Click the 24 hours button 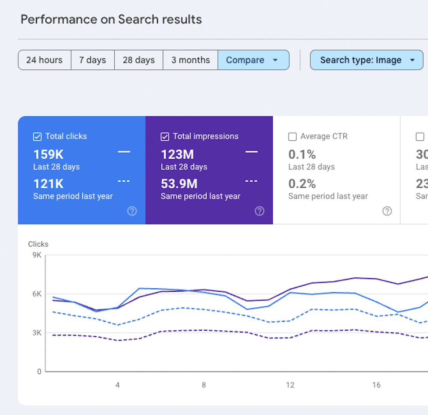[45, 60]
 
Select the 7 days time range [92, 60]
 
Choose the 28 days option [139, 60]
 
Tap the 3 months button [190, 60]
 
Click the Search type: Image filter [366, 60]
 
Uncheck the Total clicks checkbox [37, 137]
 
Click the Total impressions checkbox [165, 137]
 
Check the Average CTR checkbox [292, 137]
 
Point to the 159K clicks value [48, 154]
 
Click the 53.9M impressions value [179, 184]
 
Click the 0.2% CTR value [302, 184]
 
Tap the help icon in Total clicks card [132, 211]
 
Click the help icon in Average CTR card [387, 211]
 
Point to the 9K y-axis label [37, 255]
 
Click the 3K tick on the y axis [37, 333]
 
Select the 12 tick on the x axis [290, 385]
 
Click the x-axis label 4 [118, 385]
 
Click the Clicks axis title [38, 244]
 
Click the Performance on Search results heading [111, 20]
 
